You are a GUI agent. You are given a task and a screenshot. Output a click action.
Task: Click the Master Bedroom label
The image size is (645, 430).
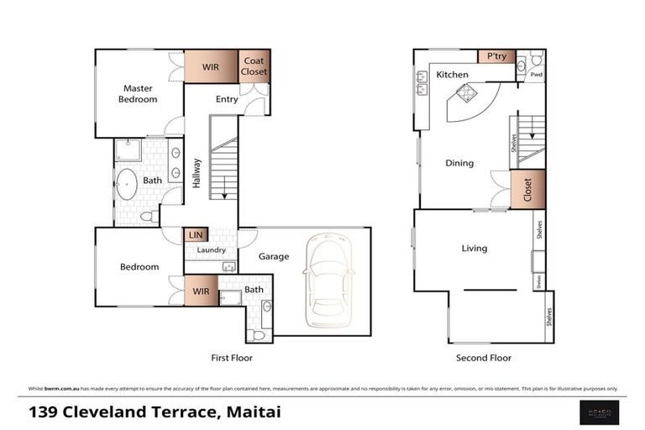pyautogui.click(x=140, y=93)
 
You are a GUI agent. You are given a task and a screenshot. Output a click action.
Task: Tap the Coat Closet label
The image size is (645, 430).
pyautogui.click(x=254, y=66)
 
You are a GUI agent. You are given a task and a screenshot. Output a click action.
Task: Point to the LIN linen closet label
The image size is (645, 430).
pyautogui.click(x=196, y=235)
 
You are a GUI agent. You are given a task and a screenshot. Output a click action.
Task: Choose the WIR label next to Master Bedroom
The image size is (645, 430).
pyautogui.click(x=210, y=66)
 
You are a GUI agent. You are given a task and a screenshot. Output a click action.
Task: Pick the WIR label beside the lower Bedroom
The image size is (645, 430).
pyautogui.click(x=201, y=291)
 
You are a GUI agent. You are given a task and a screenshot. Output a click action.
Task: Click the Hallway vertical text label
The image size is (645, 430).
pyautogui.click(x=196, y=173)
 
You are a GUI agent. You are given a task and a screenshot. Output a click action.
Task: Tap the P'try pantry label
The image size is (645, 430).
pyautogui.click(x=496, y=56)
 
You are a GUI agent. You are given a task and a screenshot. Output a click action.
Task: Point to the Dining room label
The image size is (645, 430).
pyautogui.click(x=459, y=163)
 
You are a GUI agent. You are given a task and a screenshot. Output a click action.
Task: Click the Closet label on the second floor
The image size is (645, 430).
pyautogui.click(x=528, y=189)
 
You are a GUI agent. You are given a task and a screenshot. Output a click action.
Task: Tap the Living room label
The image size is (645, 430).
pyautogui.click(x=475, y=248)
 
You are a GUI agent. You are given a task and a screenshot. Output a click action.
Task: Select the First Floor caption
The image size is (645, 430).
pyautogui.click(x=232, y=358)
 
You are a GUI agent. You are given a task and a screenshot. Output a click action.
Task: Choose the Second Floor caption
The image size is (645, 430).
pyautogui.click(x=483, y=358)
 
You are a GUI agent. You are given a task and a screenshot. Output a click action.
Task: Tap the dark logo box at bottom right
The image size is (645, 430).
pyautogui.click(x=600, y=412)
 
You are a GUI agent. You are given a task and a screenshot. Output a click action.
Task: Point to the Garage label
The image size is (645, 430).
pyautogui.click(x=274, y=257)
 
